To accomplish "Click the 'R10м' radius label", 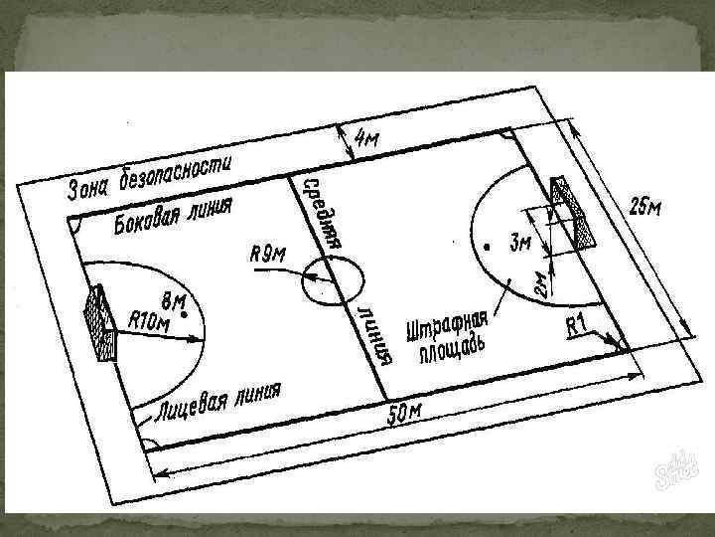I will [x=150, y=320].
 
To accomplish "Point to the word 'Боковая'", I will [x=146, y=219].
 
